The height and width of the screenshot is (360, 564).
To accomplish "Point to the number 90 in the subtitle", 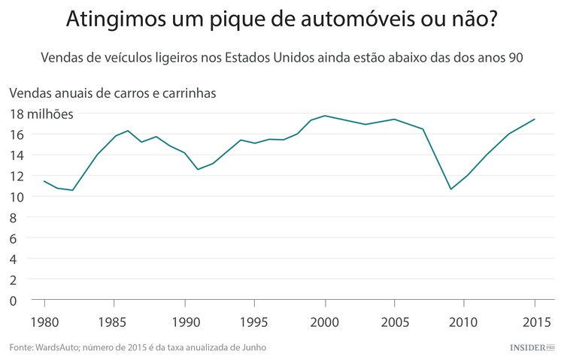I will point(515,57).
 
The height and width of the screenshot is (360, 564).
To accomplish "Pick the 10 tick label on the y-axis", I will point(17,197).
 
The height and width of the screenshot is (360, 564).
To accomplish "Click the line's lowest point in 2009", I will point(451,189).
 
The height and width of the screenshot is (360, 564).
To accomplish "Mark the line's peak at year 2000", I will point(324,116).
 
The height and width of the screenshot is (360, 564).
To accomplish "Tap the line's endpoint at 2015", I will point(535,119).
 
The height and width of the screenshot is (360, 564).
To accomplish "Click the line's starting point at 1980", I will point(44,181).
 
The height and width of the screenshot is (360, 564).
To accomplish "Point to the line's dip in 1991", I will point(198,169).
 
